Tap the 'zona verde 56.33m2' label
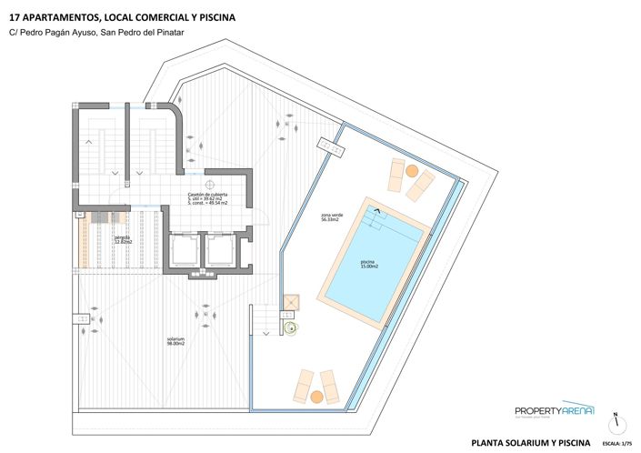point(330,217)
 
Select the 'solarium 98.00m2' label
point(175,341)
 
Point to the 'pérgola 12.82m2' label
point(124,241)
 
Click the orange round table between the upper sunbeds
point(412,171)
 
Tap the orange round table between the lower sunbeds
point(315,397)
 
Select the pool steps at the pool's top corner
point(375,216)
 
